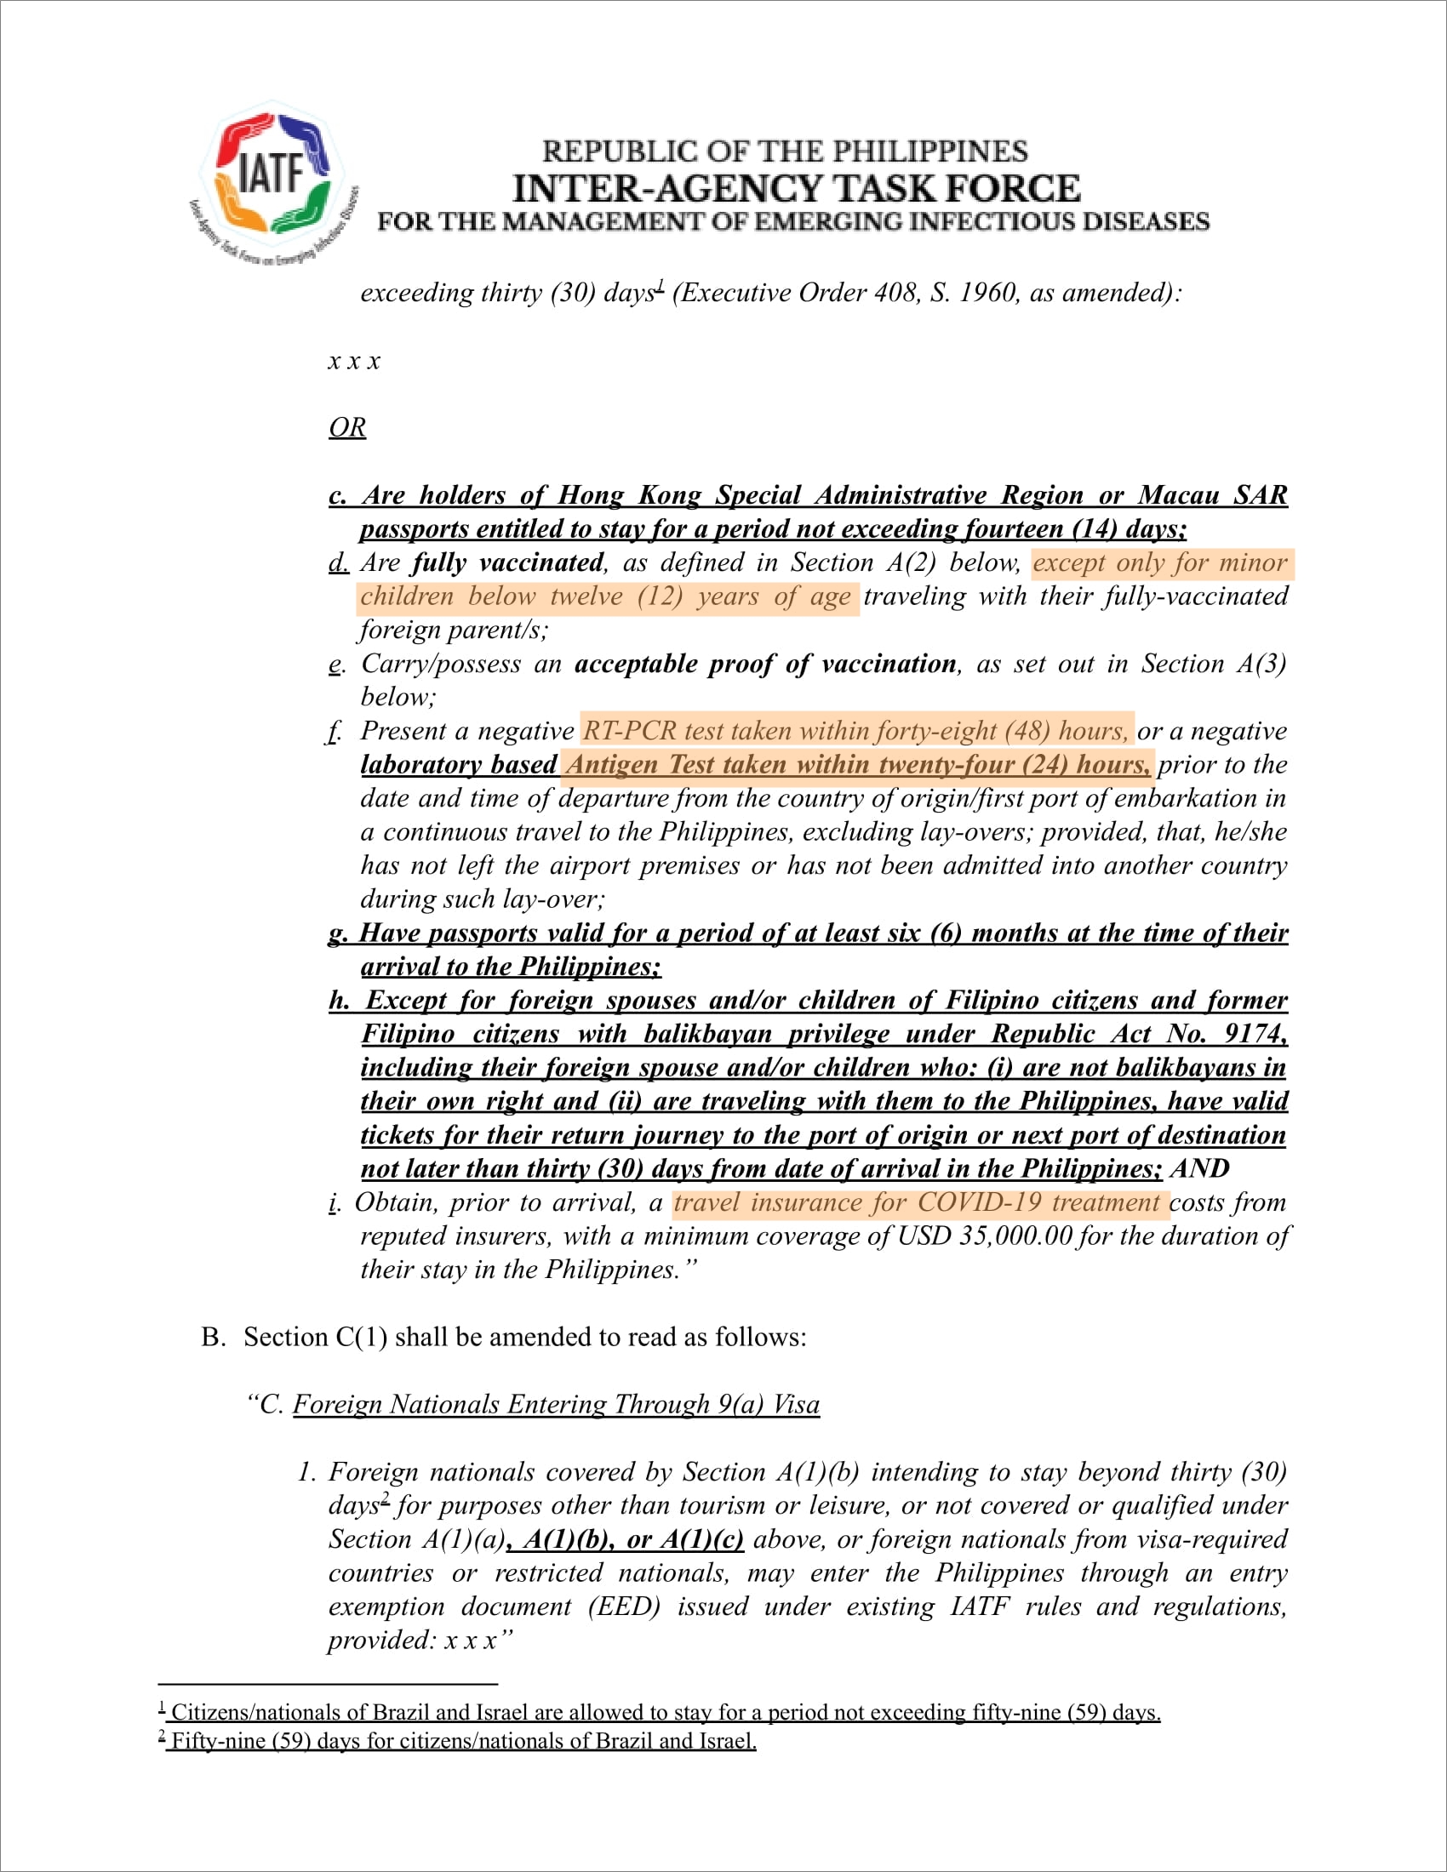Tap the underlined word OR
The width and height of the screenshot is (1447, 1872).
(x=347, y=427)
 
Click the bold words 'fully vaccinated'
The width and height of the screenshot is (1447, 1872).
(x=507, y=562)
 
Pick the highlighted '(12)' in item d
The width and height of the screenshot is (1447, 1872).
(x=659, y=596)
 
